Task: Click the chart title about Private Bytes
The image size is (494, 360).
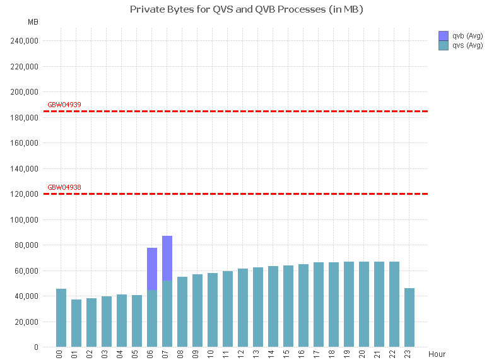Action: click(x=246, y=9)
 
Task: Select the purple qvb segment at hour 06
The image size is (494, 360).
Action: click(x=152, y=269)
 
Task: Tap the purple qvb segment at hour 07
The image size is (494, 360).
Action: click(x=167, y=258)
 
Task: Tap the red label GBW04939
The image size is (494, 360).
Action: click(x=64, y=105)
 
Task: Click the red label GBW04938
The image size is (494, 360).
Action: click(x=64, y=187)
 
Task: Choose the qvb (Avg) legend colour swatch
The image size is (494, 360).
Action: click(x=443, y=36)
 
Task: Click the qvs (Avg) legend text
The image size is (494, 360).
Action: click(x=468, y=45)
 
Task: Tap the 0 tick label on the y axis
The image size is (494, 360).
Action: click(x=36, y=347)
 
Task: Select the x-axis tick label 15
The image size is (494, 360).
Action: click(x=288, y=355)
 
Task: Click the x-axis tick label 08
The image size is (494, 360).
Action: click(x=182, y=355)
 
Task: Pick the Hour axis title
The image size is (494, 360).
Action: click(x=437, y=354)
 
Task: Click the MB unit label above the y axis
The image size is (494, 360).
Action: click(x=33, y=22)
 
